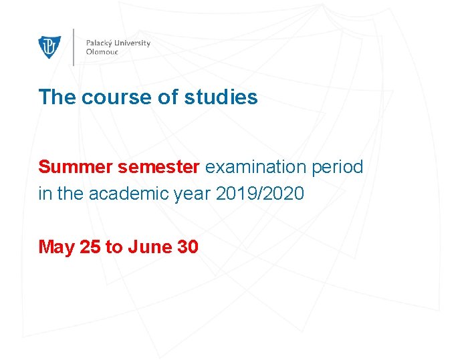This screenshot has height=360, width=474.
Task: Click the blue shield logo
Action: coord(49,47)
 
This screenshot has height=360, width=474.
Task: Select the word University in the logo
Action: coord(135,43)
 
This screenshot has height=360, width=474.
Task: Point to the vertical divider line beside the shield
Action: coord(74,47)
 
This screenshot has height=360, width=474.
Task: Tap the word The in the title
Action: coord(57,98)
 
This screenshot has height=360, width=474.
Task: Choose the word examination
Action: coord(256,167)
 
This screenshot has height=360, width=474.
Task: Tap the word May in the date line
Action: coord(57,247)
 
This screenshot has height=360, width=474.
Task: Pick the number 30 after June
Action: coord(187,247)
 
